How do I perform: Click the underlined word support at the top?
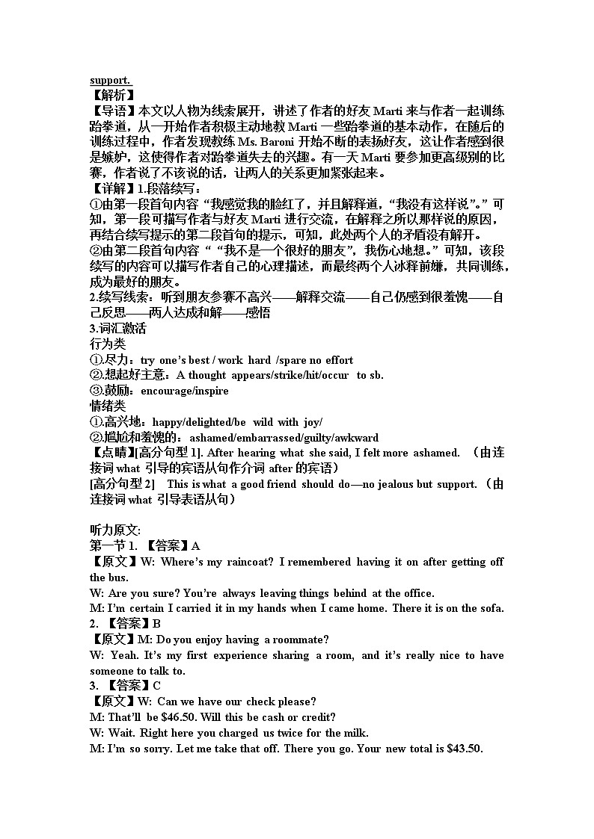[109, 80]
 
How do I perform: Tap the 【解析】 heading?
[112, 96]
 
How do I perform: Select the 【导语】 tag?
[112, 111]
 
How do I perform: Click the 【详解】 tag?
[112, 189]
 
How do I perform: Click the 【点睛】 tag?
[112, 453]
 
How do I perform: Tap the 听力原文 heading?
[110, 530]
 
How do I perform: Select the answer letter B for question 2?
[157, 624]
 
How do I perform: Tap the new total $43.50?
[465, 748]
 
